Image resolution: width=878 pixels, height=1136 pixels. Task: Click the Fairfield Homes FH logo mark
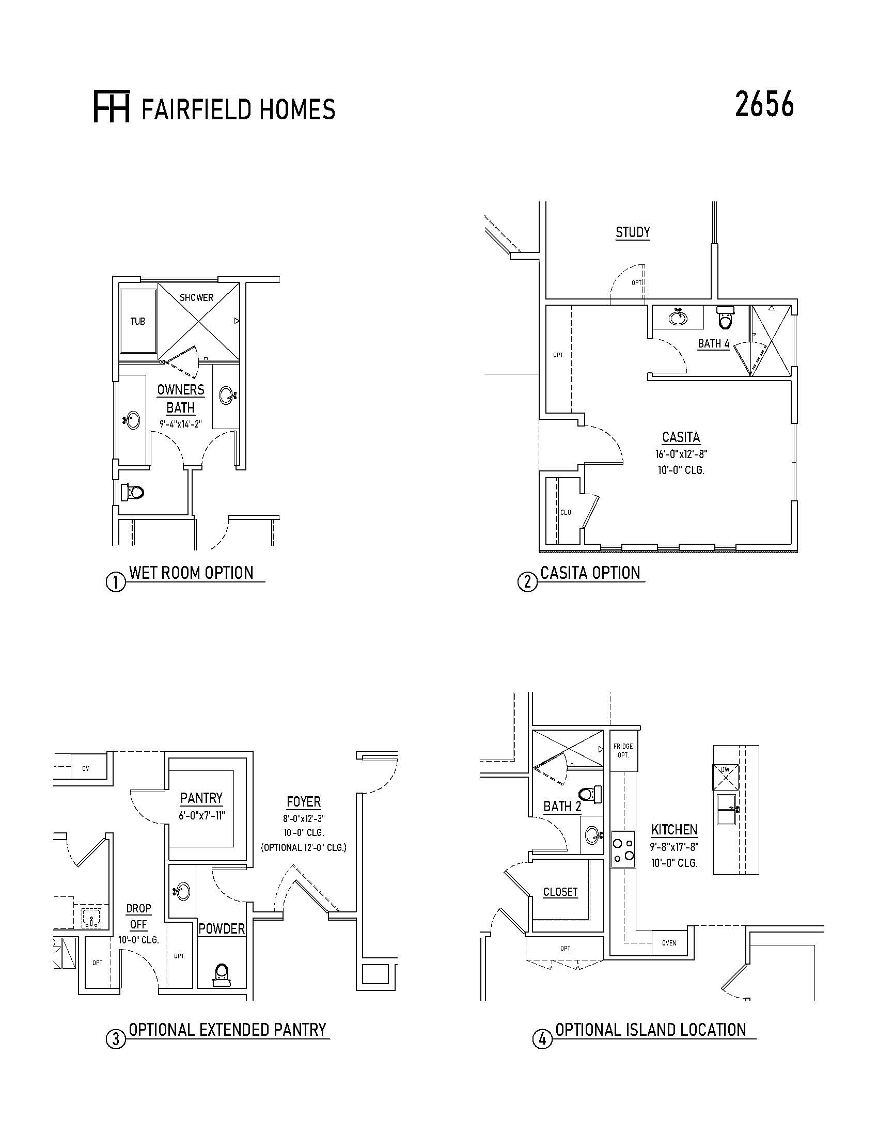(112, 107)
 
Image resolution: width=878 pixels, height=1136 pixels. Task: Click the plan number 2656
(764, 104)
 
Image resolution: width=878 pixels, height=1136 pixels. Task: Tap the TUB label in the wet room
(137, 322)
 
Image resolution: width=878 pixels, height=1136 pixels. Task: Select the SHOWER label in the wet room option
(197, 297)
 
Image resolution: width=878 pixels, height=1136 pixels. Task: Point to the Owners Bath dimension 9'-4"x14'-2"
(180, 424)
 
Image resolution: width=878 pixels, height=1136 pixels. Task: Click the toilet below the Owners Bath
(132, 492)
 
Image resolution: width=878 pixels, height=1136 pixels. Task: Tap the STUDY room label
(633, 232)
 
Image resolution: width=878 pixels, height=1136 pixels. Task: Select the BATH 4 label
(714, 344)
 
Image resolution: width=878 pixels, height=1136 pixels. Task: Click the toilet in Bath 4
(725, 318)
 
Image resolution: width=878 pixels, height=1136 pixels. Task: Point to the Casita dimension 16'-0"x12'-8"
(681, 453)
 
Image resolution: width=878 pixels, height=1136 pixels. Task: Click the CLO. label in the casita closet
(567, 512)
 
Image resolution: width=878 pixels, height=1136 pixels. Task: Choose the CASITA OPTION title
(590, 573)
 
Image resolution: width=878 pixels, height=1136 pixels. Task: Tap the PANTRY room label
(201, 798)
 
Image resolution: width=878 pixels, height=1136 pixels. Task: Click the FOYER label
(304, 801)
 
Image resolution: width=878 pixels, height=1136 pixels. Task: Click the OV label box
(85, 768)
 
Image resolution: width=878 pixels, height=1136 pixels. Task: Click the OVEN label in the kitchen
(669, 943)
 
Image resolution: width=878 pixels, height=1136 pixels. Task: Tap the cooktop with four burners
(623, 849)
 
